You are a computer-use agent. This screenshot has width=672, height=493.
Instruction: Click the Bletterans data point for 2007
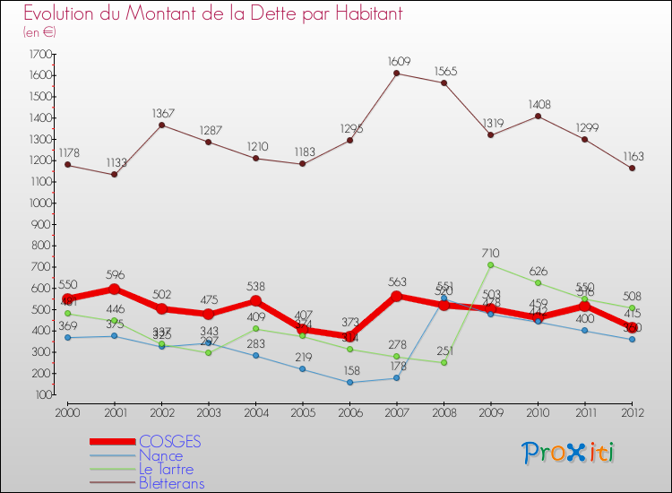(x=396, y=74)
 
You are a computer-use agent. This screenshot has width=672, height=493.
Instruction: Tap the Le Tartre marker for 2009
(x=490, y=265)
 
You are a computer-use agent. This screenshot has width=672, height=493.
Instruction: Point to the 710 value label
(x=490, y=253)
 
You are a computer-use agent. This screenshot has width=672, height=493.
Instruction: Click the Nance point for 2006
(x=349, y=383)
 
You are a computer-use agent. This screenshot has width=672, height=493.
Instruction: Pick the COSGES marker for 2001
(x=114, y=290)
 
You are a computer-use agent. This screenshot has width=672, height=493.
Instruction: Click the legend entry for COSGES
(x=169, y=441)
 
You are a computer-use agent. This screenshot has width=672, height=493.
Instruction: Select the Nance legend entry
(x=160, y=455)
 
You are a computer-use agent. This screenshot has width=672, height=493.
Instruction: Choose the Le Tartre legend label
(x=166, y=469)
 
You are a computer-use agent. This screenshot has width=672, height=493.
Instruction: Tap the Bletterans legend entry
(x=171, y=483)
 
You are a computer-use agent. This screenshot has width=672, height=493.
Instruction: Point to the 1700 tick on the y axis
(x=40, y=54)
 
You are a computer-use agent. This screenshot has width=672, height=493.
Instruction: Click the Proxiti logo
(x=569, y=453)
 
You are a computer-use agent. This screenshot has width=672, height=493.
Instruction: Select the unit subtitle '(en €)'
(x=40, y=32)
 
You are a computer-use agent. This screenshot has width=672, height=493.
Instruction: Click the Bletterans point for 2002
(x=160, y=125)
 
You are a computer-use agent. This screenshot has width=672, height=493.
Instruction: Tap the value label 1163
(x=632, y=155)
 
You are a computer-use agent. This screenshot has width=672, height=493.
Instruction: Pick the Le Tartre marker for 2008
(x=444, y=362)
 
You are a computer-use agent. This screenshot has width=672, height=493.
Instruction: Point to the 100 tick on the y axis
(x=42, y=394)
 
